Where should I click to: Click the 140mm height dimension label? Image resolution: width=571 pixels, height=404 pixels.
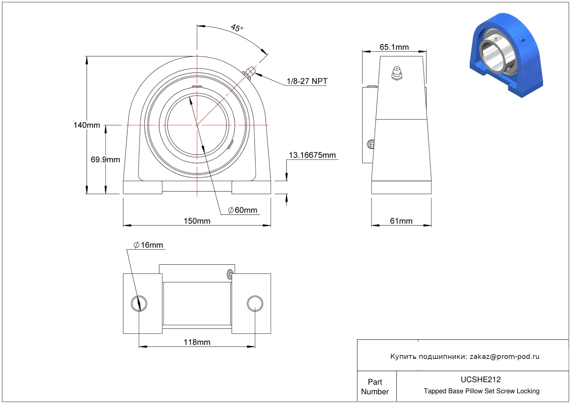(87, 125)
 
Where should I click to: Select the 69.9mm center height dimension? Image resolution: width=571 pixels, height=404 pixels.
(105, 160)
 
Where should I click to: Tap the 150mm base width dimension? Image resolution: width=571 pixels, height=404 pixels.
(197, 221)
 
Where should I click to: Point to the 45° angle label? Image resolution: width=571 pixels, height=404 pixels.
(237, 28)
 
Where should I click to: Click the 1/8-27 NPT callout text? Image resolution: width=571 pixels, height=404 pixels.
(307, 81)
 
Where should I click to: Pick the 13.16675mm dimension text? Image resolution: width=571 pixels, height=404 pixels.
(312, 155)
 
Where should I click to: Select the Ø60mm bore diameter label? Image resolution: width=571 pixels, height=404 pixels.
(242, 210)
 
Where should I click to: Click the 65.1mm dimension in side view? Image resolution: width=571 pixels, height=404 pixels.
(394, 47)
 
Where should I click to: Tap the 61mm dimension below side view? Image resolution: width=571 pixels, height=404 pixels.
(401, 221)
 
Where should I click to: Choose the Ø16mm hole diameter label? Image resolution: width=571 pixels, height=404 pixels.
(148, 245)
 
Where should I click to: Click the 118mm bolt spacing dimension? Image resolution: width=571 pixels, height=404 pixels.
(197, 342)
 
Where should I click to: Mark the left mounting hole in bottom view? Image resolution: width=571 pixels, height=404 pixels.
(139, 303)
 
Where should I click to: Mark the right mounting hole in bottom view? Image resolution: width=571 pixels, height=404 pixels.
(255, 303)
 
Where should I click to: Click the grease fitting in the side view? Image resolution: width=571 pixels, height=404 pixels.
(397, 74)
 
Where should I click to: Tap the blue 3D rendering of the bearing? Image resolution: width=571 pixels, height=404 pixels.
(506, 55)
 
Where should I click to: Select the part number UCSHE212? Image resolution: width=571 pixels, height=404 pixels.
(480, 379)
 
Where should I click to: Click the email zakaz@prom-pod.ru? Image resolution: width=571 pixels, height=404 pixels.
(504, 356)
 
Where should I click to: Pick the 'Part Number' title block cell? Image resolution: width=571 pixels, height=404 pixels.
(375, 387)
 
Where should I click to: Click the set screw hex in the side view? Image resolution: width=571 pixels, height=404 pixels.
(370, 144)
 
